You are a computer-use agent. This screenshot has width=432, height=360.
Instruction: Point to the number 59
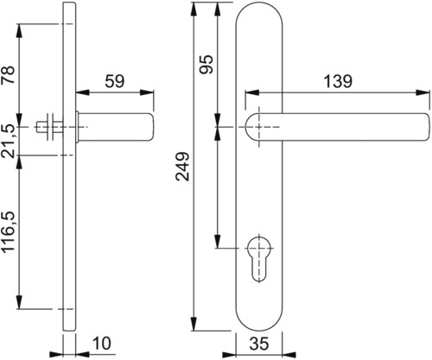115,81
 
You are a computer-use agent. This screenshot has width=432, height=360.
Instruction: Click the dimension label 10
102,344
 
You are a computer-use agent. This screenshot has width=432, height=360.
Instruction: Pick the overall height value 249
182,167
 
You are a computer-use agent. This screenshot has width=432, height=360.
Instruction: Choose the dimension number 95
206,64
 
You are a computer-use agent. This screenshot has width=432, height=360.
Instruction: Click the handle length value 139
338,81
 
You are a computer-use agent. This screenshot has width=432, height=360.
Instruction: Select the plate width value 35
259,344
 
